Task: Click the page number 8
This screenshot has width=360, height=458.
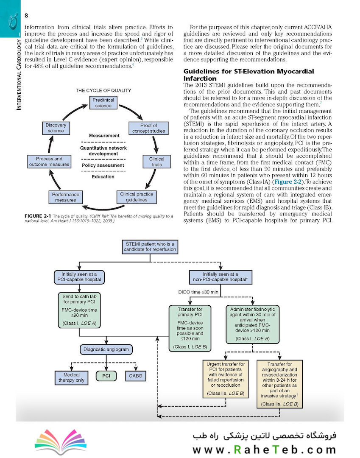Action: [x=26, y=16]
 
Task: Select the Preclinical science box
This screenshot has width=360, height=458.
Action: [x=103, y=103]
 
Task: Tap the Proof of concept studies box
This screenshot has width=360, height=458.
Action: [x=148, y=128]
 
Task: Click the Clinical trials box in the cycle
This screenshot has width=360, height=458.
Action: [x=156, y=162]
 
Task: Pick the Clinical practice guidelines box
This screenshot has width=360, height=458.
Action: [x=137, y=197]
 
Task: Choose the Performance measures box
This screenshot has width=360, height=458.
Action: [x=65, y=197]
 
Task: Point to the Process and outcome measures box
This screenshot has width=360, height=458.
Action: [x=49, y=162]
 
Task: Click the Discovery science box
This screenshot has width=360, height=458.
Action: [x=56, y=128]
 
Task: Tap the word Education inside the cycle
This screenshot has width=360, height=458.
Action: [x=103, y=177]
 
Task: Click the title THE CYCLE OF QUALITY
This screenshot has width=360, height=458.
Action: [x=103, y=91]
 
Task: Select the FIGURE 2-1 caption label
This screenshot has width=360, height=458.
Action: [x=38, y=216]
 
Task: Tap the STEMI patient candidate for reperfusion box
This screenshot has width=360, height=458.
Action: [x=150, y=247]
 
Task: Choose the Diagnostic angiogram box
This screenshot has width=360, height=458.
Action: [x=106, y=349]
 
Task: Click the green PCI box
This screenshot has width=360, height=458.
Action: [x=106, y=376]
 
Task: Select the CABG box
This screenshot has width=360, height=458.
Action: [x=135, y=376]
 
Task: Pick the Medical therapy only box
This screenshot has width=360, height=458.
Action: [x=71, y=377]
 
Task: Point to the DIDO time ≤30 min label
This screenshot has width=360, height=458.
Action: [x=198, y=292]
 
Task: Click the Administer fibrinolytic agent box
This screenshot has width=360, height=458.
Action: [x=253, y=324]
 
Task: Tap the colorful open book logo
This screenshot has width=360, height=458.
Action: [x=61, y=441]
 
